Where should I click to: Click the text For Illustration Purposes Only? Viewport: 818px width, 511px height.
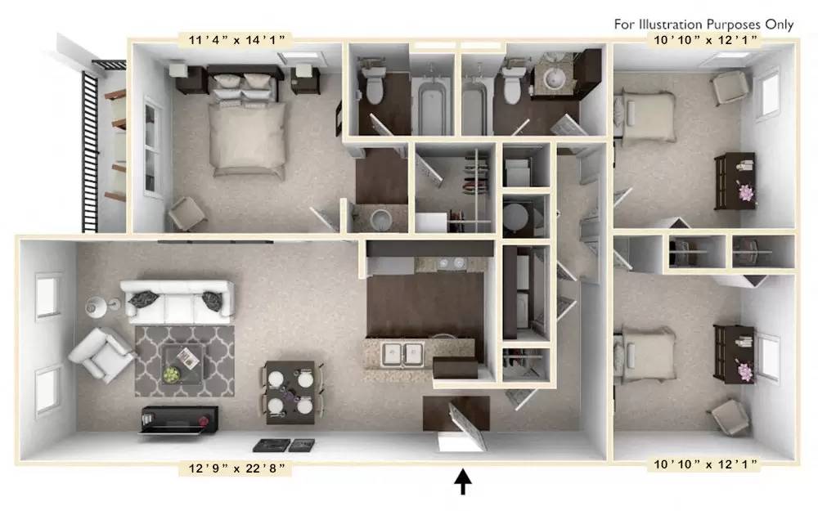point(704,24)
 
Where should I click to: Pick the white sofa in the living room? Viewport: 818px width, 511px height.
point(176,300)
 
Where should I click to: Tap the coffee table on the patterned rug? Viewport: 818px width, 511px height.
point(183,360)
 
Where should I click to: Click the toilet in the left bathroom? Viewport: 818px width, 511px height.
point(374,86)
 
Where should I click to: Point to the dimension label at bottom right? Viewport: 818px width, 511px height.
point(704,464)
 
